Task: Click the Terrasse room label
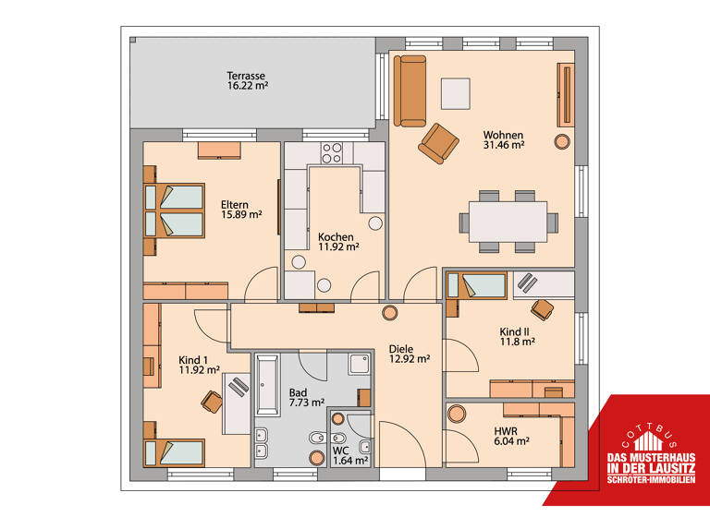pyautogui.click(x=246, y=75)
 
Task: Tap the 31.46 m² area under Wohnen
pyautogui.click(x=504, y=145)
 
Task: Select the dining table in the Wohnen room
pyautogui.click(x=508, y=222)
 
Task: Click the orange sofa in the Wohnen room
pyautogui.click(x=410, y=90)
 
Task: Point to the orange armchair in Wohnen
pyautogui.click(x=438, y=142)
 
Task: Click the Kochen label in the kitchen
pyautogui.click(x=336, y=236)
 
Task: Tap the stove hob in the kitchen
pyautogui.click(x=332, y=150)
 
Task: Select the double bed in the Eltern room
pyautogui.click(x=176, y=210)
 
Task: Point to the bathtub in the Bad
pyautogui.click(x=267, y=387)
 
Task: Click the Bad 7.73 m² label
pyautogui.click(x=306, y=397)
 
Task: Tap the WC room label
pyautogui.click(x=341, y=451)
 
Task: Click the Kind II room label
pyautogui.click(x=516, y=331)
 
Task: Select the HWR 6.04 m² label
pyautogui.click(x=508, y=435)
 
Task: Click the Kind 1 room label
pyautogui.click(x=193, y=360)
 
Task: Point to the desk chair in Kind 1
pyautogui.click(x=212, y=400)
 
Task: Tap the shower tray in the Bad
pyautogui.click(x=360, y=364)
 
